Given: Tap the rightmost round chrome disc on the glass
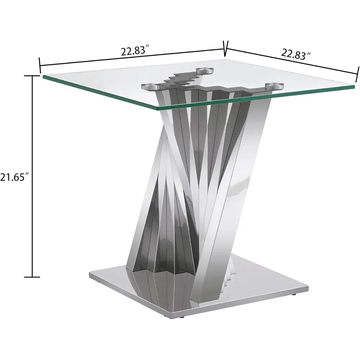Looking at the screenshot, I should [275, 86].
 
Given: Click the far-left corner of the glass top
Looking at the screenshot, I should [43, 76].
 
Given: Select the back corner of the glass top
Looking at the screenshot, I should [225, 59].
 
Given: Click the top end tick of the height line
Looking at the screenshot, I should [33, 76].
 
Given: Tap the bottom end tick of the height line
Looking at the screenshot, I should [33, 277].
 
